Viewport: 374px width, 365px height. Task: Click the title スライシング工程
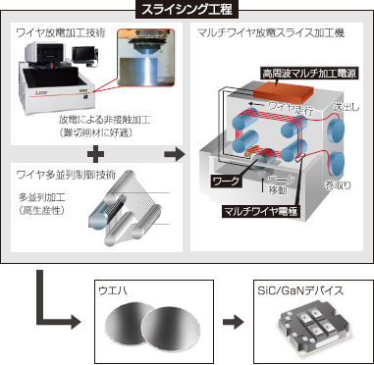(187, 9)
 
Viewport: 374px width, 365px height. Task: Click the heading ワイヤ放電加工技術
(61, 33)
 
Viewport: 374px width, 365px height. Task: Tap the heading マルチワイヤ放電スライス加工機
(271, 33)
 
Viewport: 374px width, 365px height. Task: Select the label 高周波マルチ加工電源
(307, 74)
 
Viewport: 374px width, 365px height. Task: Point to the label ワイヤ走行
(289, 106)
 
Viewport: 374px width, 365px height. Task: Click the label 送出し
(346, 107)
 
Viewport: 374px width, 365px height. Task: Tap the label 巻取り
(338, 185)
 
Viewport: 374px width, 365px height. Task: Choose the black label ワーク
(227, 182)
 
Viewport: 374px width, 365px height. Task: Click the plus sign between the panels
(96, 155)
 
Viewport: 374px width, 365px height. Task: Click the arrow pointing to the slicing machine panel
(175, 155)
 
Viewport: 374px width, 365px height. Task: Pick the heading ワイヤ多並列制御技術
(66, 176)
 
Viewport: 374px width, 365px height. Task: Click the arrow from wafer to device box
(234, 322)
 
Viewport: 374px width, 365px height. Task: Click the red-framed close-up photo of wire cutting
(146, 59)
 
